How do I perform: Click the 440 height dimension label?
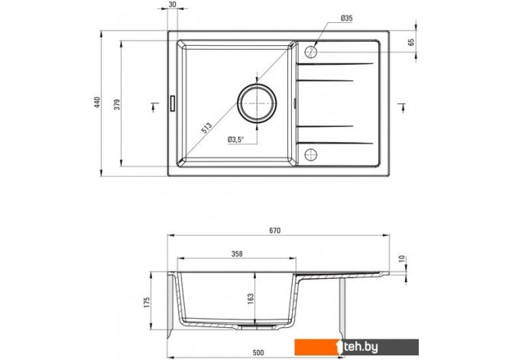97,102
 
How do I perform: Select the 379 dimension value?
117,104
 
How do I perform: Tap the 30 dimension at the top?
173,4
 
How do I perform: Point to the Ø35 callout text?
346,18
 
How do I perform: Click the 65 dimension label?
411,42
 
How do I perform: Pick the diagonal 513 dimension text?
206,128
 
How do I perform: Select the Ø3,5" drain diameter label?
236,140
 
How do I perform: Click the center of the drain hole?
257,103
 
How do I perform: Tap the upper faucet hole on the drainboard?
311,52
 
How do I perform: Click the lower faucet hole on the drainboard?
311,154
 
